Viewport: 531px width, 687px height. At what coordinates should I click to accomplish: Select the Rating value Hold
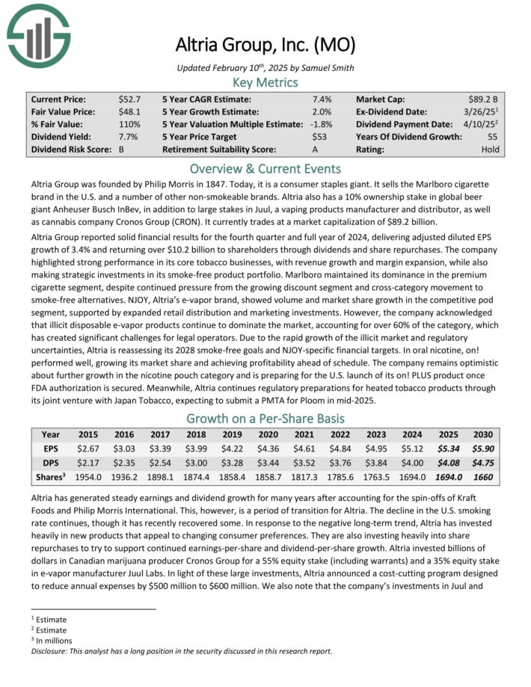pyautogui.click(x=491, y=150)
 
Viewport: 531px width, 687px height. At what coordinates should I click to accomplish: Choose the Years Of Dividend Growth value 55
pyautogui.click(x=493, y=137)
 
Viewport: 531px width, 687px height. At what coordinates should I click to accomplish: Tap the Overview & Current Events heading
pyautogui.click(x=265, y=168)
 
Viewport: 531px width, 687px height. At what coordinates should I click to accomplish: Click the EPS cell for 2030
pyautogui.click(x=482, y=449)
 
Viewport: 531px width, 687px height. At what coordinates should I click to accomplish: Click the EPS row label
pyautogui.click(x=51, y=449)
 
